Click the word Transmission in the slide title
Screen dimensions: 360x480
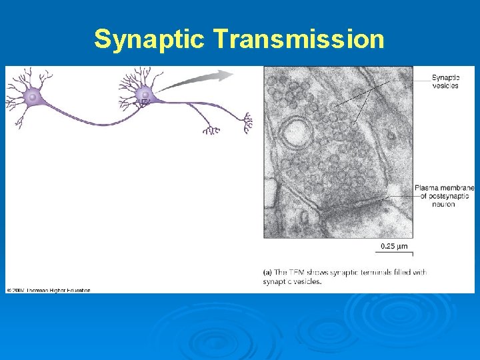click(x=299, y=39)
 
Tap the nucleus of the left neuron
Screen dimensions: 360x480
click(x=32, y=97)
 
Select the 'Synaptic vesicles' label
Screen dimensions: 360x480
click(x=445, y=81)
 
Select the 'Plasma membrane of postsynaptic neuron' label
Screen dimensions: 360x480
click(x=443, y=196)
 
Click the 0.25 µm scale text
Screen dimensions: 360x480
click(x=394, y=246)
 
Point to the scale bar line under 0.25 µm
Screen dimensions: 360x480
click(x=395, y=253)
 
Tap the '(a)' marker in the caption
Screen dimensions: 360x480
click(x=267, y=272)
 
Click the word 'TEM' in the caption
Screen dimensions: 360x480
click(x=297, y=272)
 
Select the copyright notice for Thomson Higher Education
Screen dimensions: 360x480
click(x=49, y=290)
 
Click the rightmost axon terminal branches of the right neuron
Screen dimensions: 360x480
click(x=247, y=122)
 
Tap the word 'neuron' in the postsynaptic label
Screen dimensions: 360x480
click(x=443, y=204)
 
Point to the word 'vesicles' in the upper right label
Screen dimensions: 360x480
click(x=445, y=85)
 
